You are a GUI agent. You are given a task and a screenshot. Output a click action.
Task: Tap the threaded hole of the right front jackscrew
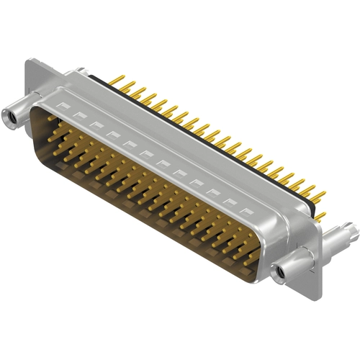tap(279, 273)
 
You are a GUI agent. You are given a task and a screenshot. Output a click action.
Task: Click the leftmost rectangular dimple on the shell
tap(63, 108)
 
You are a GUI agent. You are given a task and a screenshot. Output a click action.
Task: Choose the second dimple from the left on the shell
tap(78, 116)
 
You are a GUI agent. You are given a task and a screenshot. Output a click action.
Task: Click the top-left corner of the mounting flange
tap(29, 62)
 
